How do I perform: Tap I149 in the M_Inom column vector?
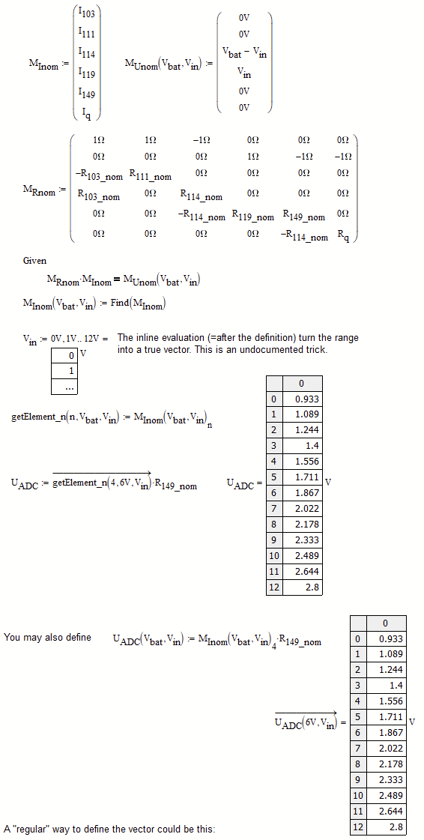86,92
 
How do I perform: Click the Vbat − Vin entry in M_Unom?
244,52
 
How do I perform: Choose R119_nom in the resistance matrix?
252,216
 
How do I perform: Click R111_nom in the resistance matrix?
150,175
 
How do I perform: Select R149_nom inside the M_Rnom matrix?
303,216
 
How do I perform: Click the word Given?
34,261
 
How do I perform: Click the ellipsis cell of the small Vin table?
70,387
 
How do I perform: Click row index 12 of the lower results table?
358,827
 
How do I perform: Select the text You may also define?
47,637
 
